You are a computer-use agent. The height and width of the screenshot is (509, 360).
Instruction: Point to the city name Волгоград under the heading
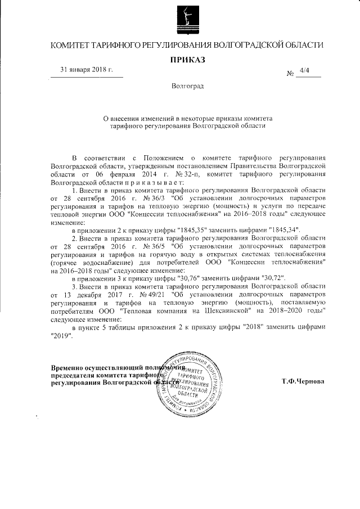tap(188, 87)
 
